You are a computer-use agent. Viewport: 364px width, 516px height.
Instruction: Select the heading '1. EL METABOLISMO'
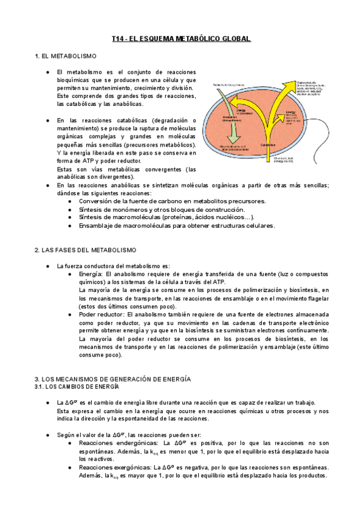click(x=66, y=57)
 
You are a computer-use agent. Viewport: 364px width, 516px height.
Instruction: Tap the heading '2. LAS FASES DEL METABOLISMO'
click(x=86, y=250)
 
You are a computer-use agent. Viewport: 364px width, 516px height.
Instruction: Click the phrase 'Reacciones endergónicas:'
click(x=115, y=444)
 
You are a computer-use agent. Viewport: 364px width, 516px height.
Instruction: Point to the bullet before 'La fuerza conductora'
click(x=48, y=266)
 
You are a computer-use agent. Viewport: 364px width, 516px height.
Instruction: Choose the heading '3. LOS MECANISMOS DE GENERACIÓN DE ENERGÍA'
click(x=113, y=378)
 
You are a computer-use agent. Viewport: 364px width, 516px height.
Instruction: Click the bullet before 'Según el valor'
click(x=48, y=435)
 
